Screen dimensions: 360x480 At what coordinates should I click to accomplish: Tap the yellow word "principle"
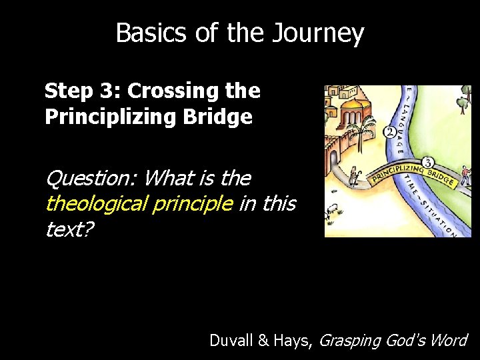[x=200, y=203]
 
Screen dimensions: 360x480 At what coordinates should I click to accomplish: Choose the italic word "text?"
[x=69, y=229]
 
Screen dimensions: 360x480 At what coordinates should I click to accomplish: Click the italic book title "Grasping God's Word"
[x=393, y=341]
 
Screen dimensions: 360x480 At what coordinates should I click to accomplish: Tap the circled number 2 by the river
[x=389, y=132]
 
